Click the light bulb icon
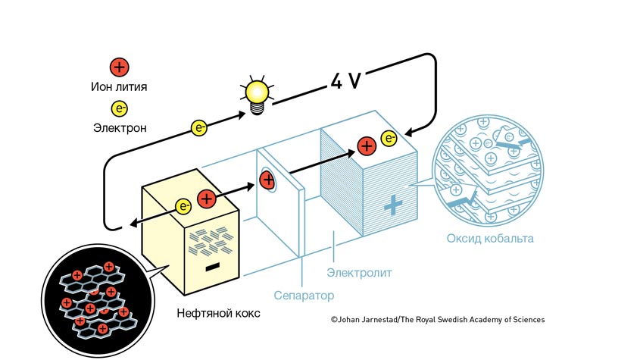point(256,95)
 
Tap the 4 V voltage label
point(345,81)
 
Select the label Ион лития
point(118,87)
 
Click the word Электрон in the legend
point(119,127)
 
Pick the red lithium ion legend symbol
point(119,67)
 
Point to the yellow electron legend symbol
point(119,108)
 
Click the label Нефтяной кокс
point(217,312)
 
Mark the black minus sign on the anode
point(213,267)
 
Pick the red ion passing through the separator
point(267,180)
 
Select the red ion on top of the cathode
point(367,146)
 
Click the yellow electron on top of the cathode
point(389,138)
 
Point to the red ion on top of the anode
point(206,199)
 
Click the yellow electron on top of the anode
point(183,205)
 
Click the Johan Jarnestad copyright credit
point(437,320)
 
